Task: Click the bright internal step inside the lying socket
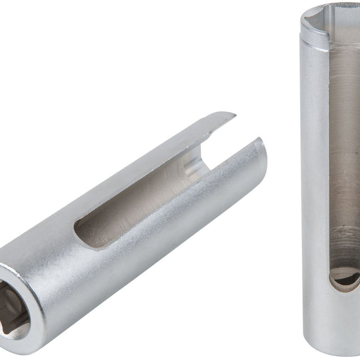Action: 193,167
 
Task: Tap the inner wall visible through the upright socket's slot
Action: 343,140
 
